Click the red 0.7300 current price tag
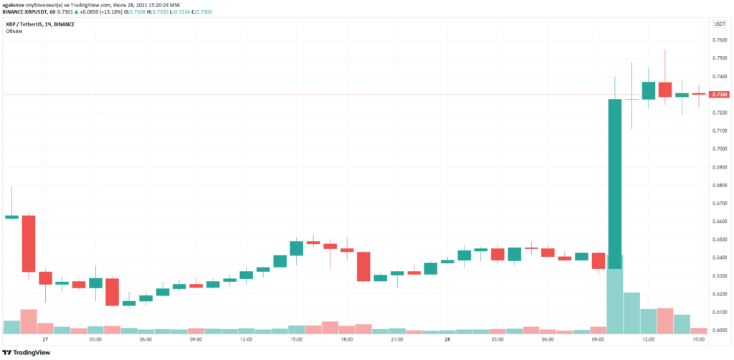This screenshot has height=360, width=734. pyautogui.click(x=719, y=95)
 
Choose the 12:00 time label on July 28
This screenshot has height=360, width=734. pyautogui.click(x=648, y=339)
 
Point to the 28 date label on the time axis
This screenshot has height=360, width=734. pyautogui.click(x=447, y=339)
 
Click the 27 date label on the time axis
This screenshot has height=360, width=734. pyautogui.click(x=45, y=339)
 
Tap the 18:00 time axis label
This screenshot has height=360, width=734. pyautogui.click(x=346, y=339)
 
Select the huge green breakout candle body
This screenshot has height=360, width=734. pyautogui.click(x=614, y=183)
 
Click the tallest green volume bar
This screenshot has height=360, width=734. pyautogui.click(x=614, y=294)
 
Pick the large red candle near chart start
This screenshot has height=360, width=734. pyautogui.click(x=29, y=243)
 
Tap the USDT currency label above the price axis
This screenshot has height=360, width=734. pyautogui.click(x=720, y=24)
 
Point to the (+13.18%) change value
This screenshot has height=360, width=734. pyautogui.click(x=114, y=13)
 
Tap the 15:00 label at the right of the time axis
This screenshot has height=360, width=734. pyautogui.click(x=698, y=339)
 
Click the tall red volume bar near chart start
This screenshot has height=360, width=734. pyautogui.click(x=29, y=321)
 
